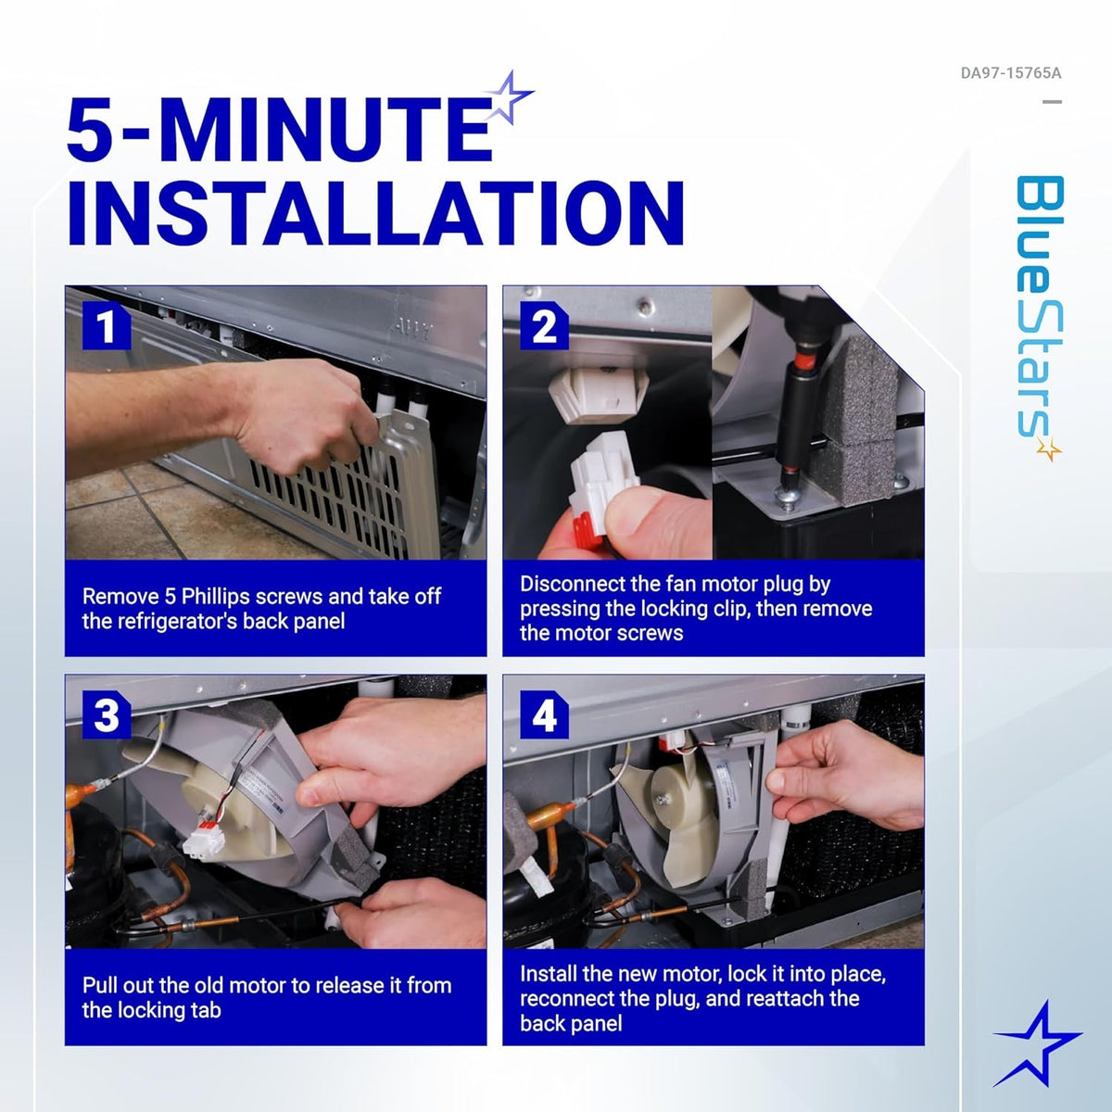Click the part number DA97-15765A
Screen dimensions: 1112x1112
point(1010,73)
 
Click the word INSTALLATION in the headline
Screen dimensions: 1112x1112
point(375,213)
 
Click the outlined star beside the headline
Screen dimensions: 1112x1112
point(508,97)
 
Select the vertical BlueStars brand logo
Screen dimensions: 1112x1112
point(1040,318)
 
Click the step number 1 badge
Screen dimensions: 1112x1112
point(107,325)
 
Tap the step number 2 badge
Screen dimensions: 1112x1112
point(544,325)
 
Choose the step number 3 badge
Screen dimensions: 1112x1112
point(107,714)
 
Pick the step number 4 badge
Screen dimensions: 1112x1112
point(544,714)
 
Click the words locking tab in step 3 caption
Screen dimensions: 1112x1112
point(152,1010)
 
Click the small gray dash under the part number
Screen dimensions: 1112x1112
point(1052,102)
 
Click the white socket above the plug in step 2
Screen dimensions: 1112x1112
point(598,396)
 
